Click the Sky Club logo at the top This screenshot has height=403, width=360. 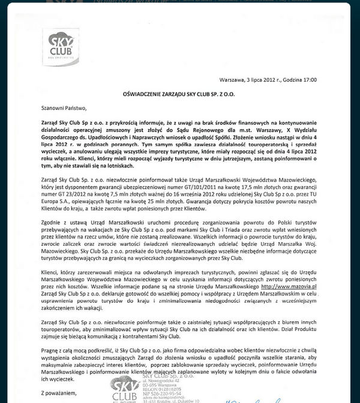pos(61,45)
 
